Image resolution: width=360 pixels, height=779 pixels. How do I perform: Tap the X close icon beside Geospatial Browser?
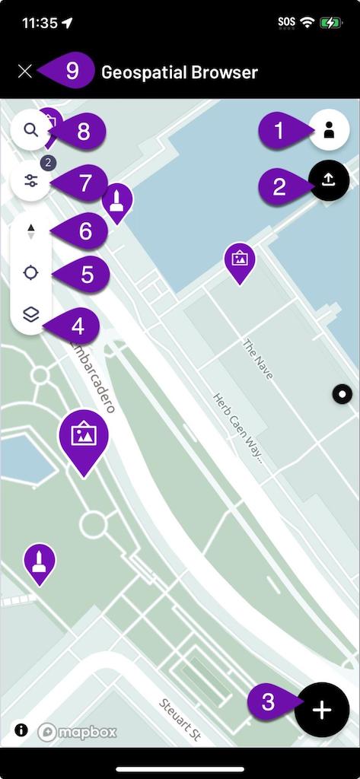(25, 72)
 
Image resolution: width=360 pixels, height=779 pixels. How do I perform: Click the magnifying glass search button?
(30, 130)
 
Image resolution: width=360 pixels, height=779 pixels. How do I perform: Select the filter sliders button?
(30, 181)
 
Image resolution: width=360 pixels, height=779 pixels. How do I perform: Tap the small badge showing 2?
(46, 162)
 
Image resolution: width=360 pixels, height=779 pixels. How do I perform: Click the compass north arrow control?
(30, 231)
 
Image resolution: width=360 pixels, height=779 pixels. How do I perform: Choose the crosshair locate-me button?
(30, 273)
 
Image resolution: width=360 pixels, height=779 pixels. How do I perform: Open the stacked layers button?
(30, 315)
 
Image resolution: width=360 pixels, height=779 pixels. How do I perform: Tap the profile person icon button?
(329, 130)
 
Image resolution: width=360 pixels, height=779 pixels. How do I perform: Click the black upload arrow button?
(329, 180)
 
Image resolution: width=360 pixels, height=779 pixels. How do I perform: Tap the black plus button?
(322, 711)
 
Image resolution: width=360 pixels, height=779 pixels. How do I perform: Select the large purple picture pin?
(83, 437)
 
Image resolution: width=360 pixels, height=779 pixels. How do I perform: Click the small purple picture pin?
(240, 259)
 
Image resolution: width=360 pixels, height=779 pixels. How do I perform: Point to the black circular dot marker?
(342, 393)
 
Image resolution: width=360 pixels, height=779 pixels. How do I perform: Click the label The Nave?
(257, 360)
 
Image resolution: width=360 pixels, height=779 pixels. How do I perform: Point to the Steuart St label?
(180, 720)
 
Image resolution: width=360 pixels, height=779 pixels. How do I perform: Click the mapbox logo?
(78, 732)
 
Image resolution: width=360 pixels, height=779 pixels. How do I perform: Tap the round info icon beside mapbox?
(21, 730)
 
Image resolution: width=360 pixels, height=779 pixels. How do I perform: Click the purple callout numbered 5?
(85, 273)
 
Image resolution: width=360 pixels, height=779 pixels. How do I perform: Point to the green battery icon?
(332, 23)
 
